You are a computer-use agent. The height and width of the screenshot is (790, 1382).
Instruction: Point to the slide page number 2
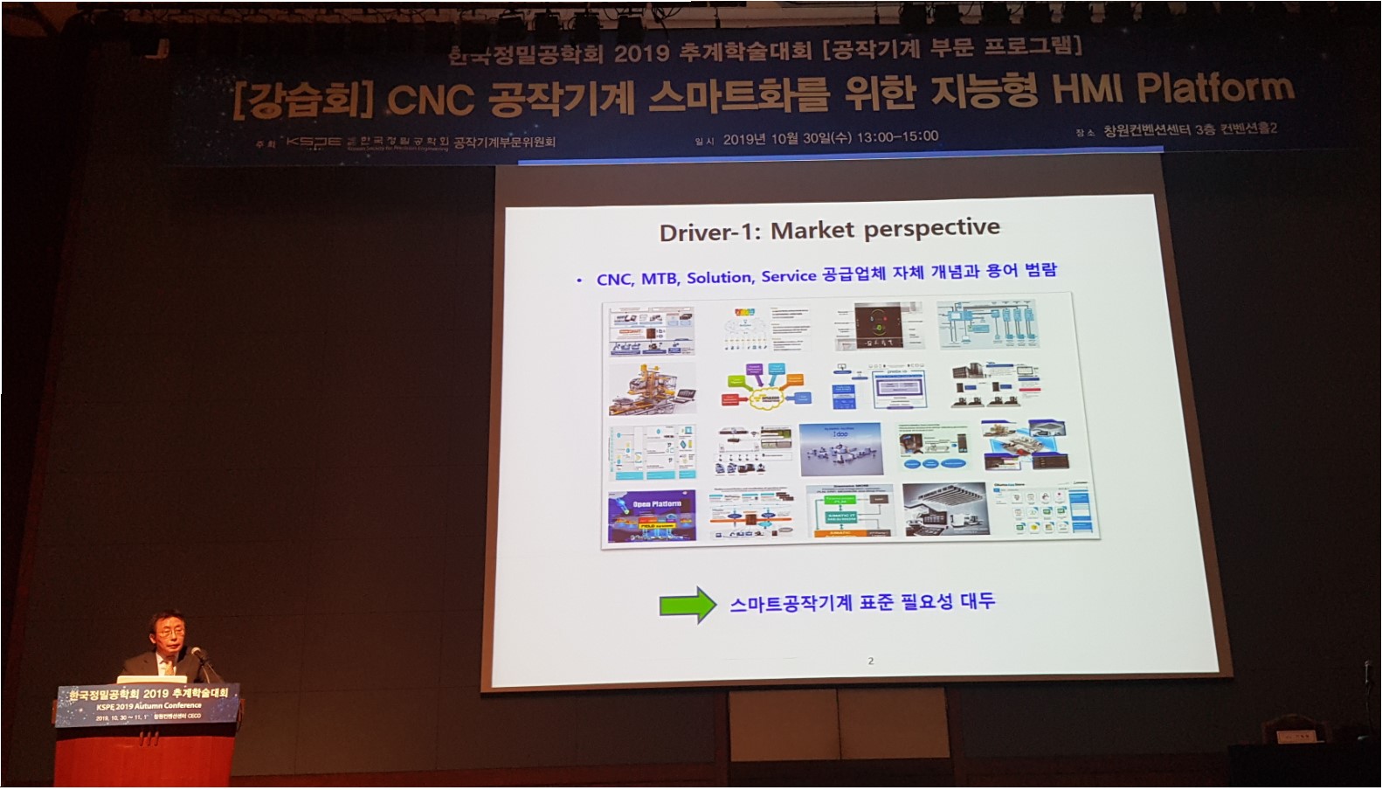click(870, 661)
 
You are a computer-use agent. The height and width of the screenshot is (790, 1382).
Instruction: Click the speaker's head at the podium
click(166, 631)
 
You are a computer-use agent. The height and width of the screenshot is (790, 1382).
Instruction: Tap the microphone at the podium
click(197, 652)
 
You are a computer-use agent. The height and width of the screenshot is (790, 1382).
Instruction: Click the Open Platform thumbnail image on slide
click(652, 516)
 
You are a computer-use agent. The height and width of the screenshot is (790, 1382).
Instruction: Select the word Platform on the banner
click(1215, 88)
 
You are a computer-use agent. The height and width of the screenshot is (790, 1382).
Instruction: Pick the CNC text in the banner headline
click(430, 100)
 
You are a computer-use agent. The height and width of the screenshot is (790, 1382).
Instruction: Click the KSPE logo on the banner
click(314, 142)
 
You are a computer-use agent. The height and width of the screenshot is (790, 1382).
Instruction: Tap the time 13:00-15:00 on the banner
click(897, 136)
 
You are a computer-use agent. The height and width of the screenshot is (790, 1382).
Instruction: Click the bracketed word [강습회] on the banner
click(297, 101)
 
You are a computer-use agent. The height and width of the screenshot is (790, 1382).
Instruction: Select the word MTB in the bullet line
click(660, 278)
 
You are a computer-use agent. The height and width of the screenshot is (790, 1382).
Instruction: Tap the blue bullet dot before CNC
click(579, 281)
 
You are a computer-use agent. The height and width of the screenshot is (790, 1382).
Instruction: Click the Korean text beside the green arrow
click(862, 601)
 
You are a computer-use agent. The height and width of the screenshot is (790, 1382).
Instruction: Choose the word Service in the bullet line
click(788, 276)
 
